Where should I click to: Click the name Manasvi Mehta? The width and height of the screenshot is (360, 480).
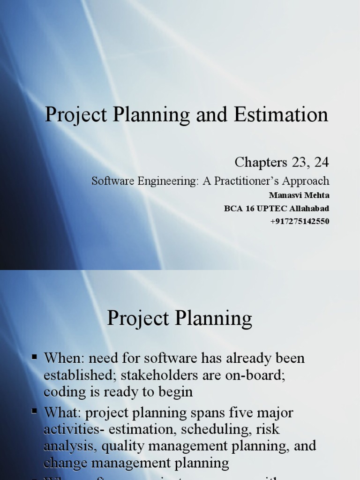pyautogui.click(x=300, y=196)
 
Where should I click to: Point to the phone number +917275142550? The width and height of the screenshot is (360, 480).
pyautogui.click(x=300, y=221)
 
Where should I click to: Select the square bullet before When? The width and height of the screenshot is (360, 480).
pyautogui.click(x=34, y=357)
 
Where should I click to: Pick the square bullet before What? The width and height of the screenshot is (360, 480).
pyautogui.click(x=34, y=412)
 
